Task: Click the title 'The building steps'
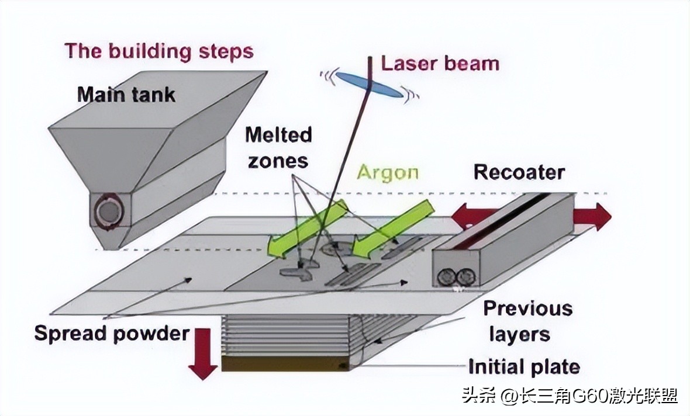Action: pos(159,51)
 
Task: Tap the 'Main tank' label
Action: pos(126,94)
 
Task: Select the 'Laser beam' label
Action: pos(440,63)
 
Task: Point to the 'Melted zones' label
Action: pos(278,147)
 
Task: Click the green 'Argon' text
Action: pos(388,172)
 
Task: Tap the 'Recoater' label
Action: pos(519,172)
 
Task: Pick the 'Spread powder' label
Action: pos(112,333)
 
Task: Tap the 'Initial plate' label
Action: pos(523,367)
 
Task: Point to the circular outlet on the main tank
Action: pos(108,212)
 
